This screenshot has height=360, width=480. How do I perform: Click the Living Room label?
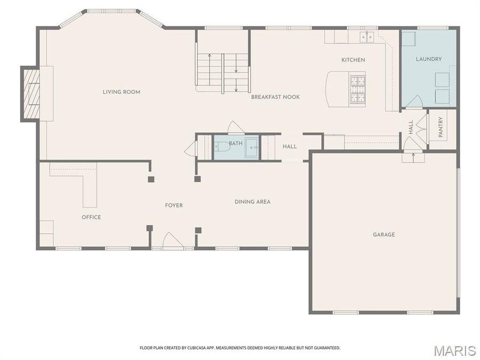point(122,92)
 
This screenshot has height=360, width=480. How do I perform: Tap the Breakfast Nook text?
point(275,97)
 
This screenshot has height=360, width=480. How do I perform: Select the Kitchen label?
point(353,60)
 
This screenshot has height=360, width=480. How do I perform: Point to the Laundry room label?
point(429,59)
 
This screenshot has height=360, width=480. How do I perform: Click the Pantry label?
point(441,127)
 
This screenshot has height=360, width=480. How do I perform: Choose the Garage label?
point(383,234)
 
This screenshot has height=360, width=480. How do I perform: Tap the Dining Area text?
point(252,202)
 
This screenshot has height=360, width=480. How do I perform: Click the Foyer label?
point(174,205)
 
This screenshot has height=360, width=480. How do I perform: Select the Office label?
point(91,217)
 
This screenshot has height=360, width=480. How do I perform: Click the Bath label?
point(236,143)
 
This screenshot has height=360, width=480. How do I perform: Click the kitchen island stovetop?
point(357,87)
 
